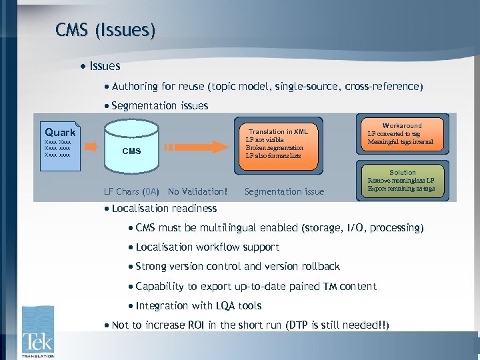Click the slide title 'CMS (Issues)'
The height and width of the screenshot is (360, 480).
pos(106,29)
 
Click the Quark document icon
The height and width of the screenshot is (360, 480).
pos(60,141)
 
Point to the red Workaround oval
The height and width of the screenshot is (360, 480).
pos(401,134)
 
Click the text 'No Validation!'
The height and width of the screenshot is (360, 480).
pos(197,192)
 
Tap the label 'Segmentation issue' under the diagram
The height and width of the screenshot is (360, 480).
pos(285,192)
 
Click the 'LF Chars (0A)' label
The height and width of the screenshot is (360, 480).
pos(131,192)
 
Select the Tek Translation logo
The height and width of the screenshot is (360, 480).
pos(37,332)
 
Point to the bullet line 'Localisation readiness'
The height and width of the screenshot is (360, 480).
pos(164,208)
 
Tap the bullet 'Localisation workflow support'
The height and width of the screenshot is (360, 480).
pos(207,247)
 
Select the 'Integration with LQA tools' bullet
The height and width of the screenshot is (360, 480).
pos(198,306)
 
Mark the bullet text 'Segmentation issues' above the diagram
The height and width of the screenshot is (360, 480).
pos(160,105)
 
